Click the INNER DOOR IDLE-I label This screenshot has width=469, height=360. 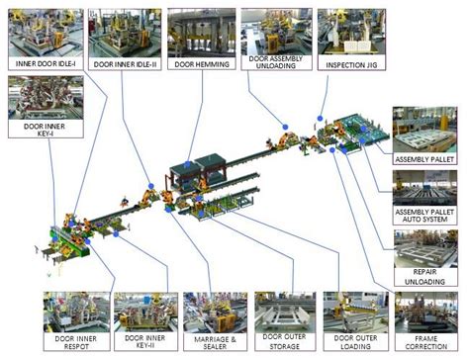click(x=47, y=63)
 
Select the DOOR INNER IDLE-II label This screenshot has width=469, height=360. click(x=126, y=63)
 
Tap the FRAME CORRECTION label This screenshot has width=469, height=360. click(x=425, y=344)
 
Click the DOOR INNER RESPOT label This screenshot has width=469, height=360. click(x=75, y=344)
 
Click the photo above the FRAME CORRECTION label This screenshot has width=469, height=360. click(x=425, y=313)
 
